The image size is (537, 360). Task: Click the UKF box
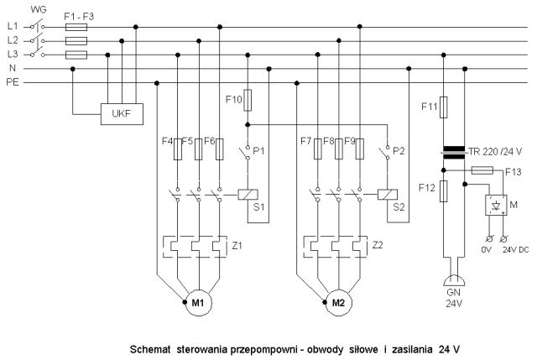122,114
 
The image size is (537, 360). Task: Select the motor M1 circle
199,303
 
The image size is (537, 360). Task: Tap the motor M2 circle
338,303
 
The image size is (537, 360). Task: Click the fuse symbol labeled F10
248,100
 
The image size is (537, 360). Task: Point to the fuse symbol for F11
444,107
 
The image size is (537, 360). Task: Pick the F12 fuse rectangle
444,191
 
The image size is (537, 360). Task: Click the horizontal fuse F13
482,170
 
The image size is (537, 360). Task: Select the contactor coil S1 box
248,195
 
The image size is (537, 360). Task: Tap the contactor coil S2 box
388,195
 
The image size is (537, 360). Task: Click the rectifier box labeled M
496,206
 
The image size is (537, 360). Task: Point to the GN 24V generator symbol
454,281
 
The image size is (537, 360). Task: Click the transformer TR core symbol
454,153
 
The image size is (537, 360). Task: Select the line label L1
13,26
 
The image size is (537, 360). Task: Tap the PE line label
13,82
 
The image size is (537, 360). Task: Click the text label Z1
237,245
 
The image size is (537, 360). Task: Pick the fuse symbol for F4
178,149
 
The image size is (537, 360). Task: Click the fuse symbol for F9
360,149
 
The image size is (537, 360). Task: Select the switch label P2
399,151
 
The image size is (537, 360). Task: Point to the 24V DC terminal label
516,250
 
